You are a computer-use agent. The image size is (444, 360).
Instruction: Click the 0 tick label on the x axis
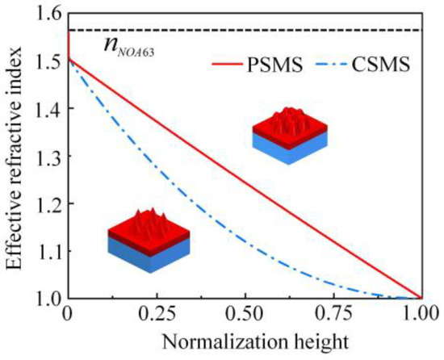click(68, 315)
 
